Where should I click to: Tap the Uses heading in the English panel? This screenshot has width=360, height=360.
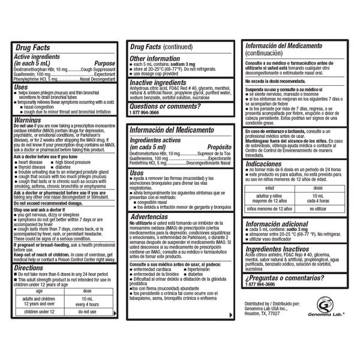(21, 86)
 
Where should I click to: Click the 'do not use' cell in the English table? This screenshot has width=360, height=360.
(87, 311)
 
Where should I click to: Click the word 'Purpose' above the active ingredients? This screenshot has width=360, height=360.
(104, 62)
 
